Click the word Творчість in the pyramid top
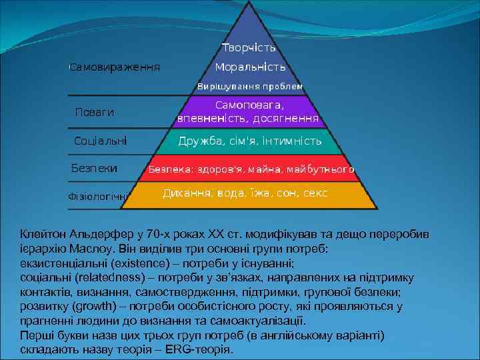(x=249, y=48)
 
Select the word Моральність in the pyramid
(x=250, y=67)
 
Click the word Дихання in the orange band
(x=187, y=193)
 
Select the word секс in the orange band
(x=315, y=193)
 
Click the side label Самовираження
(x=115, y=67)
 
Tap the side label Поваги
(x=94, y=113)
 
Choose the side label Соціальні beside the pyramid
(x=100, y=141)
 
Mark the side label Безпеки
(x=94, y=169)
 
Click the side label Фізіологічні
(x=99, y=197)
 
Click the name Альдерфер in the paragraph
(x=95, y=235)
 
